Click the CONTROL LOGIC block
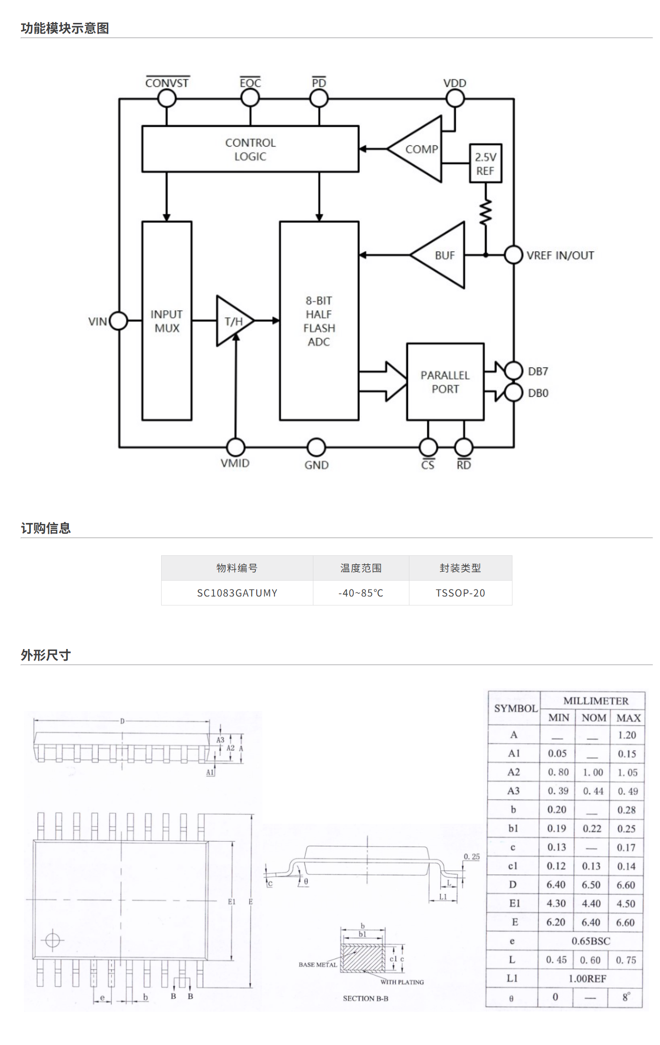click(250, 149)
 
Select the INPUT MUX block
click(167, 321)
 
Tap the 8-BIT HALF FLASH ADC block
click(319, 321)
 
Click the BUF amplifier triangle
click(443, 255)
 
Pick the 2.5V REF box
click(486, 164)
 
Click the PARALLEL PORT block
click(445, 382)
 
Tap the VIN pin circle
click(119, 321)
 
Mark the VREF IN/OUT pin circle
click(513, 255)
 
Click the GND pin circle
click(317, 448)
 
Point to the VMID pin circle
click(236, 448)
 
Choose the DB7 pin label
click(538, 372)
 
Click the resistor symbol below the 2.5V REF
click(486, 212)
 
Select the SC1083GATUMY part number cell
click(237, 593)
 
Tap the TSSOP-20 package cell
click(460, 593)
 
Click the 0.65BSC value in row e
click(591, 941)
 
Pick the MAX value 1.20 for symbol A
click(627, 735)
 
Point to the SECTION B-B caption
click(365, 999)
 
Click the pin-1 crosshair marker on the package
click(52, 940)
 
